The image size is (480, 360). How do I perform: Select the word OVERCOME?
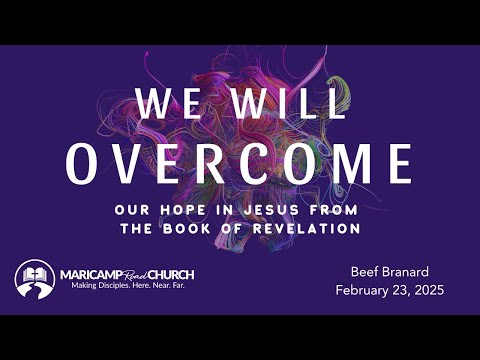click(x=240, y=163)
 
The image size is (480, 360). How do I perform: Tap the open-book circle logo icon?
click(x=34, y=278)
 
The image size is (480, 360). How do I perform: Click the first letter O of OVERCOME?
click(x=84, y=163)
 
